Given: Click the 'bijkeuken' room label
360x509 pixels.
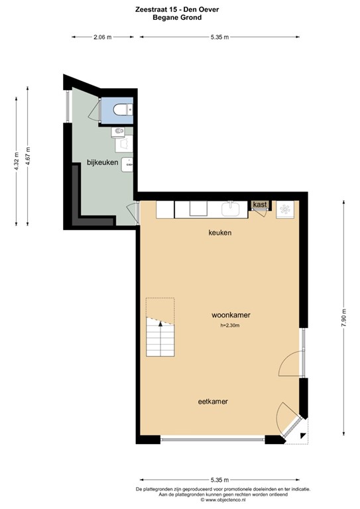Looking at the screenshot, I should (102, 162).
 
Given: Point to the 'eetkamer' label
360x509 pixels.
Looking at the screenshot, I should (218, 402).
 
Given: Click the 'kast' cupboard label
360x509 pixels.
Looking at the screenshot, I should (260, 205).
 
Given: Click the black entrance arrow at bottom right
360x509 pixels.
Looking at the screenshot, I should (303, 436).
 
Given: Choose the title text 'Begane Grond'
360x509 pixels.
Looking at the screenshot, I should (180, 19).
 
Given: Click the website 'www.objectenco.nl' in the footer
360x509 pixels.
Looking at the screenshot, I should (184, 500).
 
